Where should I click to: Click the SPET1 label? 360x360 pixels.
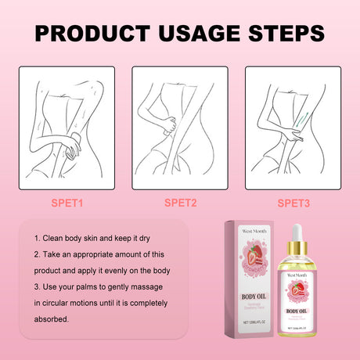pos(68,203)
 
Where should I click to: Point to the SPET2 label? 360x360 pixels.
pos(182,203)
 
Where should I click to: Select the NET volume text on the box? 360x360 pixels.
pos(251,322)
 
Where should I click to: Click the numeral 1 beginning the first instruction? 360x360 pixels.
pos(36,237)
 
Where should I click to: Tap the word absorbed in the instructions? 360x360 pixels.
pos(52,319)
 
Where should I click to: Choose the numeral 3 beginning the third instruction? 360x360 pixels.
pos(37,286)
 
